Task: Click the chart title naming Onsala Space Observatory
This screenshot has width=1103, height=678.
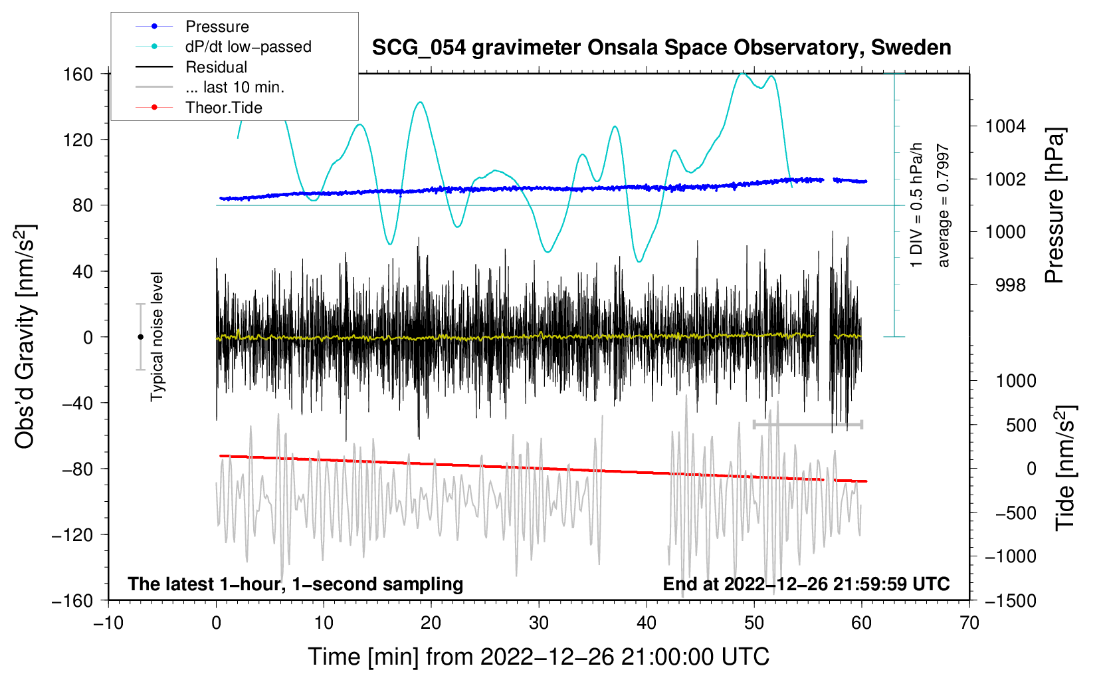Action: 661,48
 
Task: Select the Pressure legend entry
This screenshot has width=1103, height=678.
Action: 217,27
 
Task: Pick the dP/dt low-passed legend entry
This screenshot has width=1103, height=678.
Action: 248,47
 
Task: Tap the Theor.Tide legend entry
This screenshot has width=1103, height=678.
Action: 223,108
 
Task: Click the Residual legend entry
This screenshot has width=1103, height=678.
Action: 216,67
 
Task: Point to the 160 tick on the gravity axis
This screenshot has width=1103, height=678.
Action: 78,74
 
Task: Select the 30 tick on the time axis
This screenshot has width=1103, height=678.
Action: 539,623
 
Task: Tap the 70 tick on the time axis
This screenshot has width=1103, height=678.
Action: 969,623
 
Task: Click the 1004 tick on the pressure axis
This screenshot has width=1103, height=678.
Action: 1005,126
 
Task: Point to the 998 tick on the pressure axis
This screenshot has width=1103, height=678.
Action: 1010,285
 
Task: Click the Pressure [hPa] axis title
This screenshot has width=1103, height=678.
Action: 1054,206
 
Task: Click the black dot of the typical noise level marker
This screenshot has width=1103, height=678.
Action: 140,337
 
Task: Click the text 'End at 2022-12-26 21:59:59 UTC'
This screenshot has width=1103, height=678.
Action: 806,584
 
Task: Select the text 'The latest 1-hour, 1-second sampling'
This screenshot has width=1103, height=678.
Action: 296,584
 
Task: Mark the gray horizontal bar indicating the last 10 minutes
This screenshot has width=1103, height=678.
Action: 807,424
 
